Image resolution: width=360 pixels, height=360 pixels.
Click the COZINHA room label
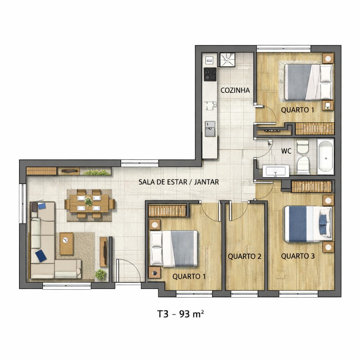[x=235, y=90]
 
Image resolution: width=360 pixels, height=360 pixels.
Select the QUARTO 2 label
[x=244, y=256]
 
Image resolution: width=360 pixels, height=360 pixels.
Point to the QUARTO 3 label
[x=297, y=256]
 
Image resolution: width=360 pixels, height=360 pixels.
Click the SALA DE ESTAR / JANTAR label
[x=179, y=182]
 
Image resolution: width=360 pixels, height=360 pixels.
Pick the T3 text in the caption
[x=163, y=314]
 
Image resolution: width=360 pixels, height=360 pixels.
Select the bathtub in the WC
[x=325, y=156]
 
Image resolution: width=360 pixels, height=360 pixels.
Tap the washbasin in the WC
[x=276, y=171]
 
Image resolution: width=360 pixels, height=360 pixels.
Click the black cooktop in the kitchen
[x=210, y=74]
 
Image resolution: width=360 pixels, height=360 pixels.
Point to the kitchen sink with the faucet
[x=210, y=128]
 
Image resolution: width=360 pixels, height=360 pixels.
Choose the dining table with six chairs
[x=89, y=204]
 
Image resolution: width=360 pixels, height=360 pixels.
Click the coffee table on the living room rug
[x=66, y=243]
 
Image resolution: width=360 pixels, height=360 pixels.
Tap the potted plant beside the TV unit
[x=101, y=274]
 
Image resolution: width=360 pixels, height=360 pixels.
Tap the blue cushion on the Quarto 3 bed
[x=322, y=220]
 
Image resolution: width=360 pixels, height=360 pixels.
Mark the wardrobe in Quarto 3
[x=311, y=187]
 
